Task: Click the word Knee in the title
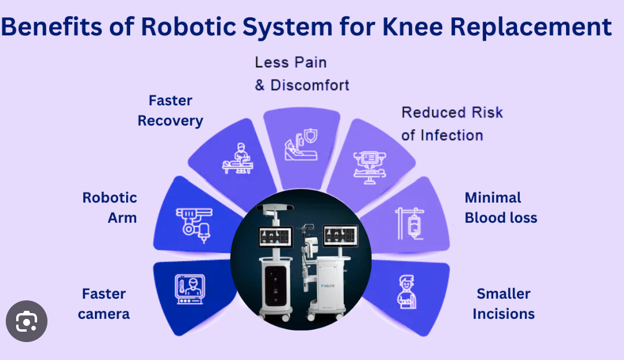(x=412, y=27)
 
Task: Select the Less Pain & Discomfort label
(x=302, y=74)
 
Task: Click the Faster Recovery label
(x=170, y=111)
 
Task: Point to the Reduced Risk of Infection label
(x=452, y=124)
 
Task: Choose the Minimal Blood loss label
(x=501, y=208)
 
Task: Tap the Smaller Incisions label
(x=504, y=304)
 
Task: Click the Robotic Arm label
(x=110, y=208)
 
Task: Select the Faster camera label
(x=104, y=304)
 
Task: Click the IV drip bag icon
(x=409, y=223)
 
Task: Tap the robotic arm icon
(x=194, y=225)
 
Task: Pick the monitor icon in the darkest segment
(x=190, y=289)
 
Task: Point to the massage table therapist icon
(x=237, y=159)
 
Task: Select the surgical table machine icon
(x=370, y=167)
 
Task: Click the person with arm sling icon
(x=406, y=292)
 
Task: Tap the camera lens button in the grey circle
(x=27, y=321)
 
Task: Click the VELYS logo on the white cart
(x=328, y=285)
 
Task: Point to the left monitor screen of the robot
(x=276, y=237)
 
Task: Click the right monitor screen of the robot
(x=340, y=236)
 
